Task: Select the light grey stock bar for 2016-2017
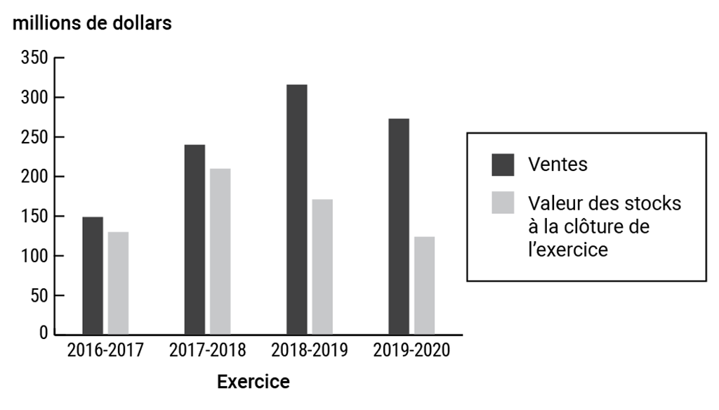tap(118, 283)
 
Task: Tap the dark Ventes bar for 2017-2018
tap(194, 239)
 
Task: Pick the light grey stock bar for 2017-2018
tap(220, 251)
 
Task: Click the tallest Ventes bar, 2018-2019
tap(297, 209)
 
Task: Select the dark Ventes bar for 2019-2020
tap(399, 226)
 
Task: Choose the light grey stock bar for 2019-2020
tap(424, 285)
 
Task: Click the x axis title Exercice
tap(253, 383)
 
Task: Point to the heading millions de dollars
tap(91, 23)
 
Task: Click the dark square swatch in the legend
tap(503, 165)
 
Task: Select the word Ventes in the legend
tap(558, 165)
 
